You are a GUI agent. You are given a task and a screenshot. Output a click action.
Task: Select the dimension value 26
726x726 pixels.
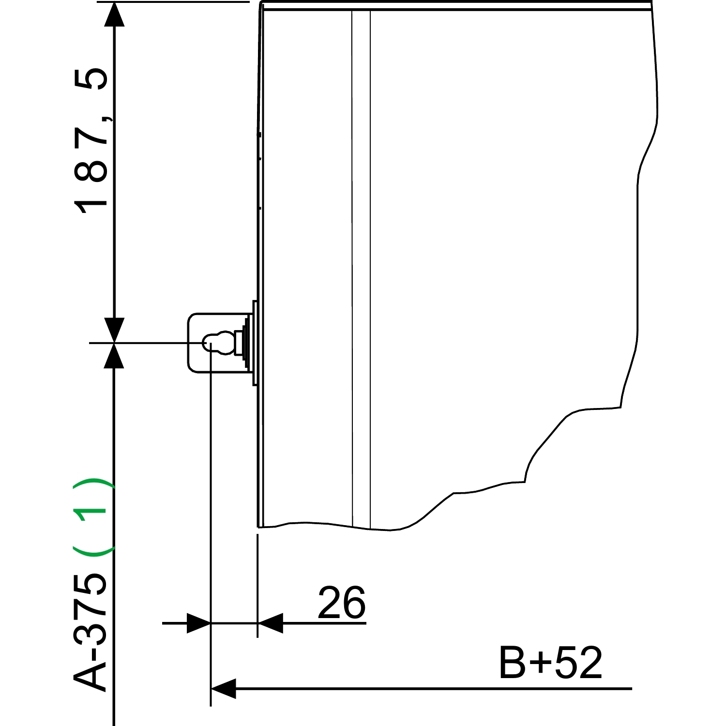coord(342,603)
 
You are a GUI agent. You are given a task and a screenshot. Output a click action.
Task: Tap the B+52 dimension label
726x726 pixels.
coord(551,663)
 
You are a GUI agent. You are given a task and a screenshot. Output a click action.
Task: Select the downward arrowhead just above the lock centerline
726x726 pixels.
coord(114,330)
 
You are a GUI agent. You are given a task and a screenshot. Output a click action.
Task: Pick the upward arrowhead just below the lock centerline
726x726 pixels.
coord(114,356)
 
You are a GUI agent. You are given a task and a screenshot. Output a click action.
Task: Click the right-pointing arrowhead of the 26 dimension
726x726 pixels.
coord(198,623)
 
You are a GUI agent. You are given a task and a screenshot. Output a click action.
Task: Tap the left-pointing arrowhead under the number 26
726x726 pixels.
coord(270,623)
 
